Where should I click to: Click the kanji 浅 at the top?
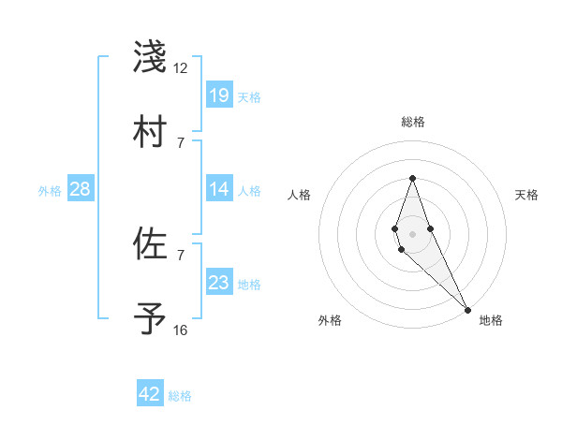pos(150,57)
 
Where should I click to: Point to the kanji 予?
pos(150,319)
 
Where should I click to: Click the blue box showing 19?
pos(219,95)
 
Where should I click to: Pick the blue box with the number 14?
pos(219,189)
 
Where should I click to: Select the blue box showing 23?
pos(219,283)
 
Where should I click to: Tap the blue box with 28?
pos(81,189)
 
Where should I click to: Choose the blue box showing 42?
pos(150,394)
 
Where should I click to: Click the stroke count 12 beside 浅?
pos(180,68)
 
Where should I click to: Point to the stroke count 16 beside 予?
pos(180,330)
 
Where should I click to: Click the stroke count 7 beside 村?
pos(180,142)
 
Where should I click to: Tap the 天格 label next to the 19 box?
pos(249,96)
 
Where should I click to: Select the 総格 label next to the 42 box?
pos(180,395)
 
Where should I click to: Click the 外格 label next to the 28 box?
pos(50,190)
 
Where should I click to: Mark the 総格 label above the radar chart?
pos(413,122)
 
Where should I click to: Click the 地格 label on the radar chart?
pos(491,320)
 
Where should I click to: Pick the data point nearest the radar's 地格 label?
pos(467,309)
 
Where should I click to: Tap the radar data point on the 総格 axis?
pos(412,178)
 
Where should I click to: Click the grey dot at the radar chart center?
pos(412,231)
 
